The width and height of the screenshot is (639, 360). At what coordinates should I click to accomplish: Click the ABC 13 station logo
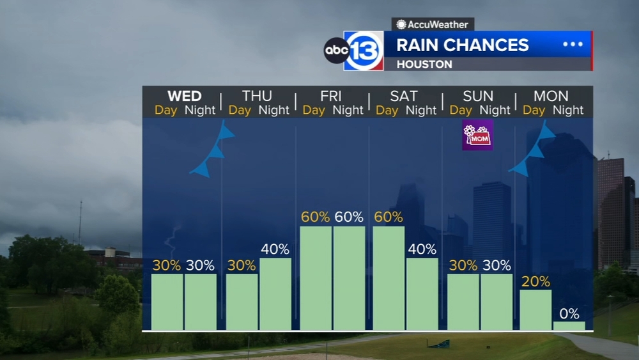coord(354,51)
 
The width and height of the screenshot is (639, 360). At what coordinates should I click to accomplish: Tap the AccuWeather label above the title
coord(433,24)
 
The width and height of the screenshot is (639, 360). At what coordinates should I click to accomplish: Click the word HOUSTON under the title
coord(424,65)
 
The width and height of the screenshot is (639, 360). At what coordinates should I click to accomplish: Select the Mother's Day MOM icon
coord(477,135)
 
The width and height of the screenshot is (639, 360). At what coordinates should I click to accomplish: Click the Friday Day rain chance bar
coord(316,278)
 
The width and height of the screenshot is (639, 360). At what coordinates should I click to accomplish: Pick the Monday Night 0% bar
coord(569,325)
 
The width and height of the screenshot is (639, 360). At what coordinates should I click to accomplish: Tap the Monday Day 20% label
coord(535,281)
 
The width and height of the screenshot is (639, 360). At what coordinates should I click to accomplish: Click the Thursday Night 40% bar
coord(275,294)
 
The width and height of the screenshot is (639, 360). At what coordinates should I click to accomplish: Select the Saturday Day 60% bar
coord(389,278)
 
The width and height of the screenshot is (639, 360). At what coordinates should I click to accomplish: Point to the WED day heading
coord(185,96)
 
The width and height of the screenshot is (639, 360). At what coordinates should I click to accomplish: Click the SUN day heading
coord(478,96)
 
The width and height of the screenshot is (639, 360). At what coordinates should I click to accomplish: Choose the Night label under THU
coord(274,110)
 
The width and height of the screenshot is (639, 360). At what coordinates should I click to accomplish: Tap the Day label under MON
coord(534,110)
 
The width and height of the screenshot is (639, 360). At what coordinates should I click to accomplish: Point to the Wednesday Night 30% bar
coord(201,302)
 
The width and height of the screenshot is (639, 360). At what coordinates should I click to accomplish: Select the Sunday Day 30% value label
coord(463,265)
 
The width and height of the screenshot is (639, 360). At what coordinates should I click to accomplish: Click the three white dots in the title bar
coord(573,44)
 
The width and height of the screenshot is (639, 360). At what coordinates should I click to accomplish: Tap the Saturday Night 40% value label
coord(422,249)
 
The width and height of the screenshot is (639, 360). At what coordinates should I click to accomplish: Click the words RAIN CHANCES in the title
coord(463,45)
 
